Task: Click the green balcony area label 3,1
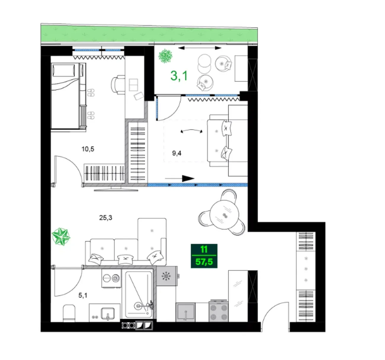coord(179,75)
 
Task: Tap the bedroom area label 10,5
coord(88,149)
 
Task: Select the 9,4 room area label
coord(177,153)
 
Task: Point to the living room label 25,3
coord(106,218)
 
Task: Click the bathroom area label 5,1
coord(83,295)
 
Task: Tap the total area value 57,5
coord(204,262)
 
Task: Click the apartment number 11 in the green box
coord(204,250)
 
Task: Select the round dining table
coord(225,215)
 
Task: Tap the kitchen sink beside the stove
coord(185,312)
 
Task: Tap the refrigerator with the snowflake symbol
coord(167,276)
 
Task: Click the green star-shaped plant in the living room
coord(61,236)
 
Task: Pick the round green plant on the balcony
coord(165,56)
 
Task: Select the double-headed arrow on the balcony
coord(200,48)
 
